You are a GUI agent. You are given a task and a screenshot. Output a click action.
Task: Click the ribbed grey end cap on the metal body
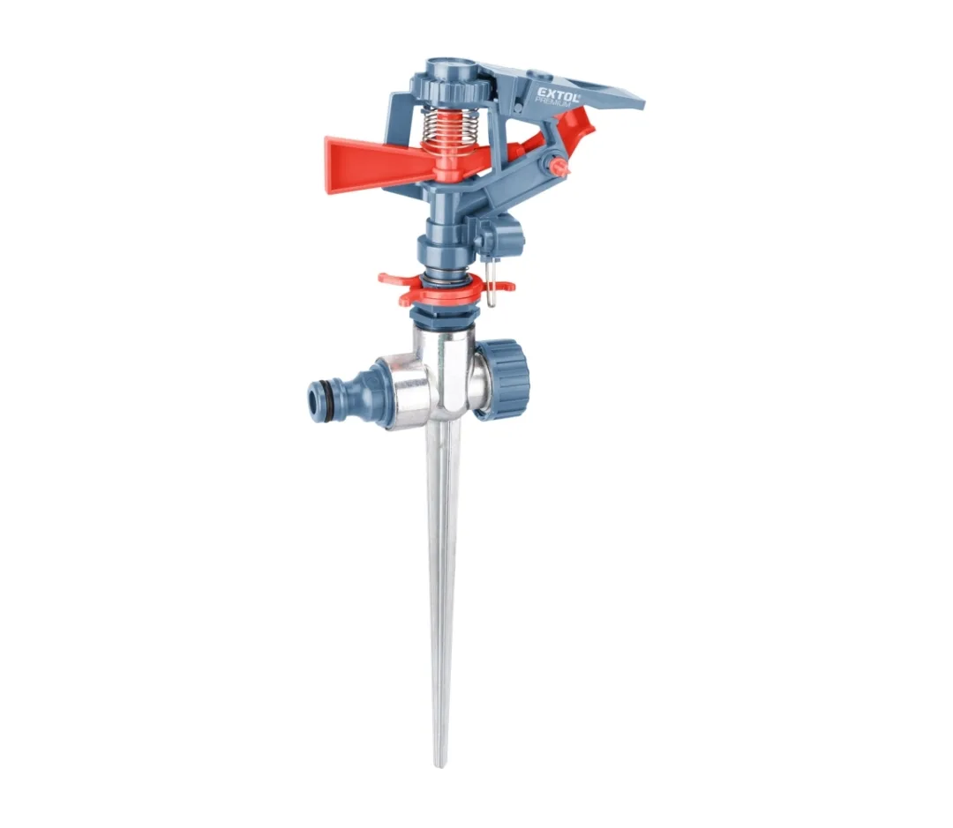click(503, 378)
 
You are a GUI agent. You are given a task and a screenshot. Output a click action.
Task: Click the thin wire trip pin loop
click(492, 280)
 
